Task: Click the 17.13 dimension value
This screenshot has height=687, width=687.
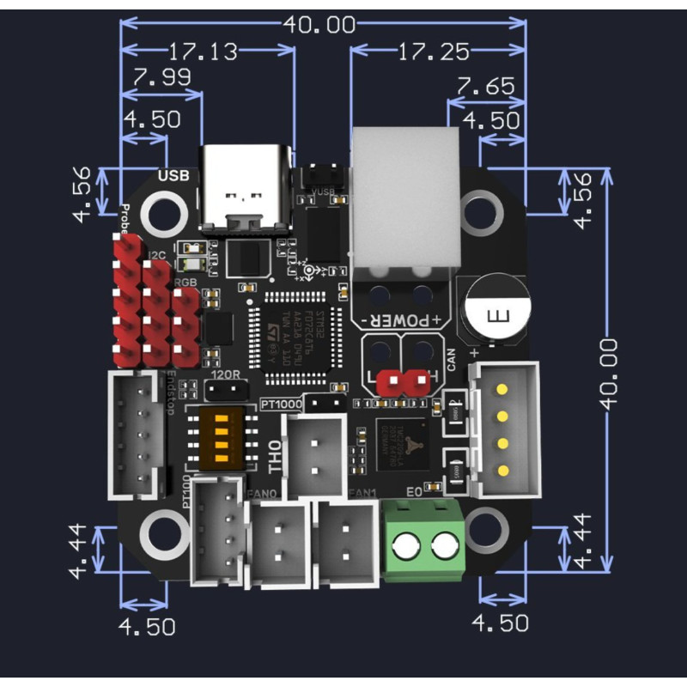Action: pyautogui.click(x=203, y=52)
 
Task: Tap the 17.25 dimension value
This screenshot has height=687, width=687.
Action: pyautogui.click(x=434, y=52)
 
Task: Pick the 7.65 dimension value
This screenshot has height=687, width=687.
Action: pyautogui.click(x=485, y=86)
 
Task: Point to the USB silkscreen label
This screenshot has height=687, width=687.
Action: pyautogui.click(x=173, y=176)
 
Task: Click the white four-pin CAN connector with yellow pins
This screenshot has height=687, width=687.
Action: pyautogui.click(x=505, y=431)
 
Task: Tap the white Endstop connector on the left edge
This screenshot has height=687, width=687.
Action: pyautogui.click(x=133, y=434)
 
